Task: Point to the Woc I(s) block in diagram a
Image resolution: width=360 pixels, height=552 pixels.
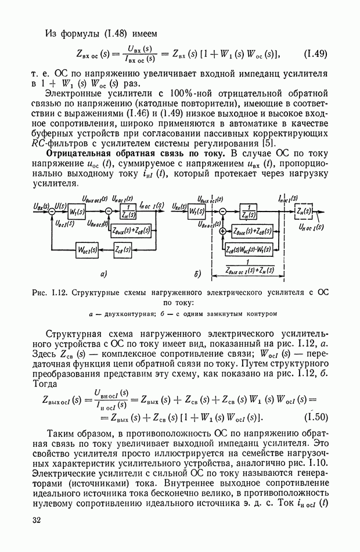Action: coord(87,250)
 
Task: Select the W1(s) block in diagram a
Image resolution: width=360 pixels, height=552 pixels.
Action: coord(75,211)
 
